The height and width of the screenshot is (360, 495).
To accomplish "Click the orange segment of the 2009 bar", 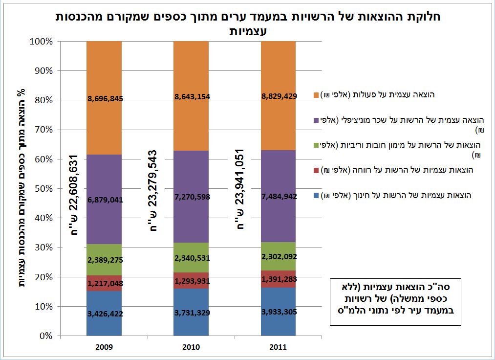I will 104,73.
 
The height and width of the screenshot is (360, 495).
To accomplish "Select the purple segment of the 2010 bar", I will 191,176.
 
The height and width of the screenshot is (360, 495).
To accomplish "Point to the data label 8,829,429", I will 278,96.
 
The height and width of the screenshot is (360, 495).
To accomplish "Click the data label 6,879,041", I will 104,200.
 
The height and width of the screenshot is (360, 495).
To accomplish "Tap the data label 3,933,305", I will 278,313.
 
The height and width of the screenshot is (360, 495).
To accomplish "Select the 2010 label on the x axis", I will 191,347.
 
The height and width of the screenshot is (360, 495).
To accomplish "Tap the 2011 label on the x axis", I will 278,347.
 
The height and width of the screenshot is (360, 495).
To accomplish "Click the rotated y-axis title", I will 21,188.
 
